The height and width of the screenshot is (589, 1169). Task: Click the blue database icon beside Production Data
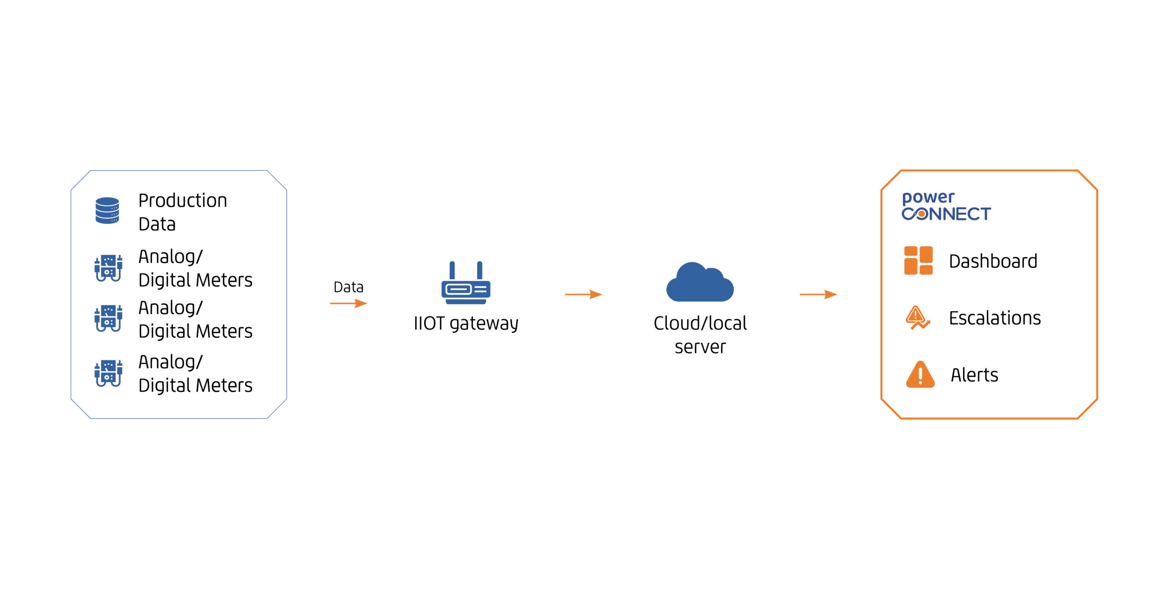pos(107,210)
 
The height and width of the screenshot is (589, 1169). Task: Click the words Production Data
pos(183,212)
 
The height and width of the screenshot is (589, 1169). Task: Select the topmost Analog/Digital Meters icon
pos(108,268)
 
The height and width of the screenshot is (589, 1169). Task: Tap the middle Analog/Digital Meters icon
pos(108,318)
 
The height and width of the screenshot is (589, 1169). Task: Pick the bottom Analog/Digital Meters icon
pos(108,373)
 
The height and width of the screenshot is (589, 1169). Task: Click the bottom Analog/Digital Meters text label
pos(195,373)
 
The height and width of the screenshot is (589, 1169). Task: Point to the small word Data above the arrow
pos(348,287)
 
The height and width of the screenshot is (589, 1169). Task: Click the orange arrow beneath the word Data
pos(348,303)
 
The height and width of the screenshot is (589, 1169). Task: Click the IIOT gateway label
pos(466,324)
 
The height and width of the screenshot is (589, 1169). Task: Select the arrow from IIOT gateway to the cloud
pos(583,294)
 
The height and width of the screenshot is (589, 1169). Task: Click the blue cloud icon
pos(700,283)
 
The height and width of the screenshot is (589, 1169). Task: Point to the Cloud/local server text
pos(700,335)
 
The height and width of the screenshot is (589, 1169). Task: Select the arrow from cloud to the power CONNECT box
pos(818,294)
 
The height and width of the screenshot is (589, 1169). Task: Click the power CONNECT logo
pos(946,206)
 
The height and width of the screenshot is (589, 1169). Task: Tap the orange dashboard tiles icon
pos(918,261)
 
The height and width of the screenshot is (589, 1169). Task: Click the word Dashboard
pos(993,262)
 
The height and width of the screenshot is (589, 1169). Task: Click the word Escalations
pos(995,318)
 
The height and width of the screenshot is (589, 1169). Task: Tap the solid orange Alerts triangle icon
pos(920,375)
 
